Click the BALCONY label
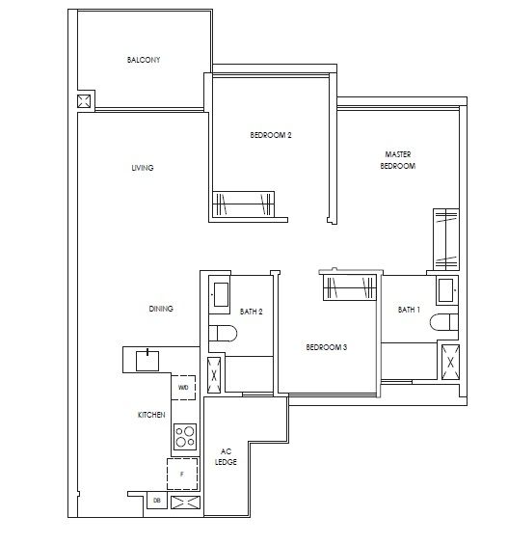pos(144,60)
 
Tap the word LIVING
pos(143,168)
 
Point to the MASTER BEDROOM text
pos(398,160)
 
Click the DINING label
pos(160,309)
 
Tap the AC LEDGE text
pos(226,456)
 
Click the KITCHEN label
pos(151,414)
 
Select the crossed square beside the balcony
pos(84,101)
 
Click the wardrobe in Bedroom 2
pos(244,204)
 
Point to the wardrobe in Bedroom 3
pos(349,287)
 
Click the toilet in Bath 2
pos(222,334)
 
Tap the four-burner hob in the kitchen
pos(183,438)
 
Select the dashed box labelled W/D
pos(183,388)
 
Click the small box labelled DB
pos(157,501)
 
